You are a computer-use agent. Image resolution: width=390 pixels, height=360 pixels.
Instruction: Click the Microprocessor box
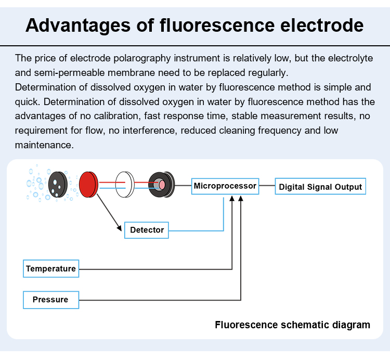[225, 186]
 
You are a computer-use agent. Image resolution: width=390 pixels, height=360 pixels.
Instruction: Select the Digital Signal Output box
[320, 186]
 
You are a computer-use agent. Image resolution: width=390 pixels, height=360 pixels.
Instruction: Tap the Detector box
[147, 230]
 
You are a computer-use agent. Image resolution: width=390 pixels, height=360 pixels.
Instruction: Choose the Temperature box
[51, 268]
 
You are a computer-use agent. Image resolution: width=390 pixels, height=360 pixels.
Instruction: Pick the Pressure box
[51, 300]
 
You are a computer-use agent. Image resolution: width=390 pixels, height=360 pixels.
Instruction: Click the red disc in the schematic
[88, 185]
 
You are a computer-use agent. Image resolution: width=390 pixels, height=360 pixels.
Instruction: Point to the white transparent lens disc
[125, 185]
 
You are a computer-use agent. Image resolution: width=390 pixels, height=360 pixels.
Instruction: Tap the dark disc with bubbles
[58, 185]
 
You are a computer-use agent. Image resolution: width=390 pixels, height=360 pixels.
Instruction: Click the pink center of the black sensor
[162, 185]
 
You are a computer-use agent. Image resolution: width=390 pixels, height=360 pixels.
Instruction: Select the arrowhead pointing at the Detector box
[120, 228]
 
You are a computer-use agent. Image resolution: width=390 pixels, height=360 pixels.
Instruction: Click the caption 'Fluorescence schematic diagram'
[292, 325]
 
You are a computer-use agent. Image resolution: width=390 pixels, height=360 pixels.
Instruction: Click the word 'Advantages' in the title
[78, 25]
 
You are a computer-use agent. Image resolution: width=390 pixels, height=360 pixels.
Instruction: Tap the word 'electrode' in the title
[322, 25]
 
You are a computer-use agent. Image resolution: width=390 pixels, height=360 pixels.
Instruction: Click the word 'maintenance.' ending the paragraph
[44, 145]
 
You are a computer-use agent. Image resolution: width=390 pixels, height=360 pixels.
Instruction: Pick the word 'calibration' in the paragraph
[117, 116]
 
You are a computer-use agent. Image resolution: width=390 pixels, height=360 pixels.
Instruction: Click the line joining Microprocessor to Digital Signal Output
[267, 186]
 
